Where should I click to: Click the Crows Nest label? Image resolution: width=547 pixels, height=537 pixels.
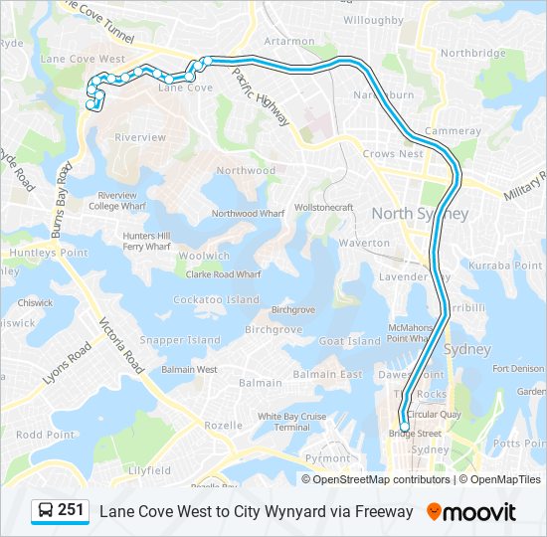(x=393, y=154)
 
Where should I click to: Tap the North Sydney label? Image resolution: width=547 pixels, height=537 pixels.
(x=420, y=214)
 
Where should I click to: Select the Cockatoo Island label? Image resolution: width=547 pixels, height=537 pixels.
(x=216, y=299)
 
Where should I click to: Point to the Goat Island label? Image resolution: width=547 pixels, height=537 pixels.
(x=350, y=341)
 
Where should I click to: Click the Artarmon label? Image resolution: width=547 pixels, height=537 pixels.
(x=289, y=42)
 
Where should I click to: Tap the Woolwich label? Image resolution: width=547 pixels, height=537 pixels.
(x=204, y=256)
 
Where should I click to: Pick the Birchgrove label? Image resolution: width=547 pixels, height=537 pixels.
(x=273, y=329)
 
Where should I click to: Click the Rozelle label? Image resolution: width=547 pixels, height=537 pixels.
(x=223, y=425)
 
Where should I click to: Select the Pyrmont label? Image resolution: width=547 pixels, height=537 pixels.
(x=327, y=458)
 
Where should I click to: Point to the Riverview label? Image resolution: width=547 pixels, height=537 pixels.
(x=140, y=137)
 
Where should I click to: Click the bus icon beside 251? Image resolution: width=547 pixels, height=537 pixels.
(x=46, y=511)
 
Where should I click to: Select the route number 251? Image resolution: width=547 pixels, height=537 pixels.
(x=71, y=510)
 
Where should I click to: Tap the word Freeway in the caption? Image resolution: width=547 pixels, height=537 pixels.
(x=382, y=511)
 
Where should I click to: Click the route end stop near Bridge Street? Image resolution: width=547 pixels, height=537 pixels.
(x=404, y=428)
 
